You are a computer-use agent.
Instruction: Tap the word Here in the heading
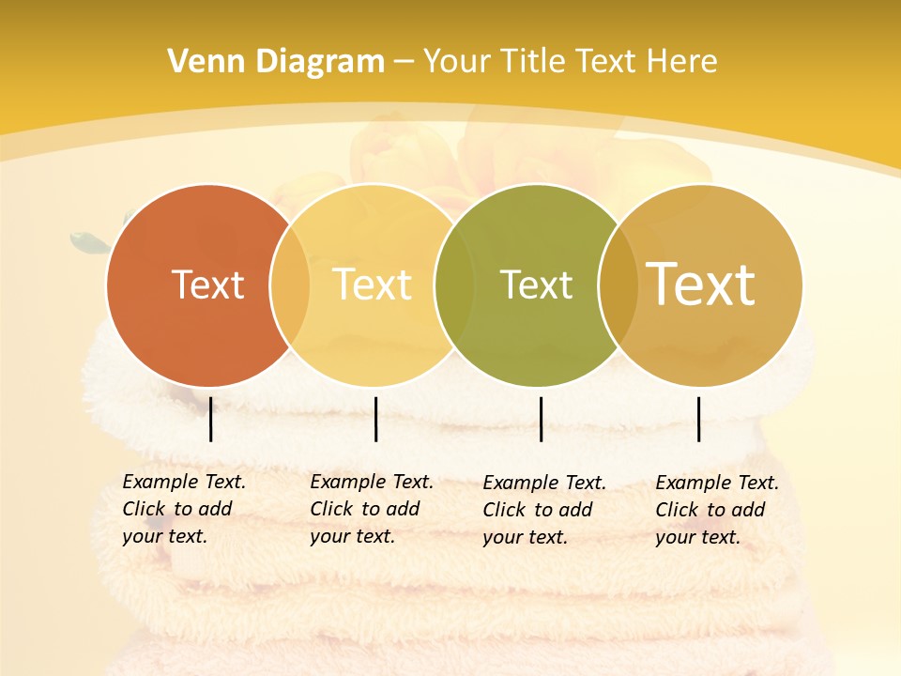(x=681, y=62)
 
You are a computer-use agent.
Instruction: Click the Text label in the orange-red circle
(x=207, y=284)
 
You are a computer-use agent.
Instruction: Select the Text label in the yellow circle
(x=373, y=284)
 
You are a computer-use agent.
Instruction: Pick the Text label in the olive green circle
(x=536, y=284)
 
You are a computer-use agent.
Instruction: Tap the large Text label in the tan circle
(x=700, y=284)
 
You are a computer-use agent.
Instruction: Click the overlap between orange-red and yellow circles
(x=290, y=285)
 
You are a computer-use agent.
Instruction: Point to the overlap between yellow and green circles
(x=453, y=285)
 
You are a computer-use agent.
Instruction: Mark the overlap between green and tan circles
(x=618, y=285)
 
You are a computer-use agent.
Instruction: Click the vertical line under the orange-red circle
(x=210, y=419)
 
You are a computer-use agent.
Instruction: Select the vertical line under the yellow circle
(x=375, y=419)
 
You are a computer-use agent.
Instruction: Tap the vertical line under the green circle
(x=541, y=419)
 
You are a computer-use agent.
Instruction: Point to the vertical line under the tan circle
(x=699, y=419)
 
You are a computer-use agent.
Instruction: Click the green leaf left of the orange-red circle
(x=90, y=243)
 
